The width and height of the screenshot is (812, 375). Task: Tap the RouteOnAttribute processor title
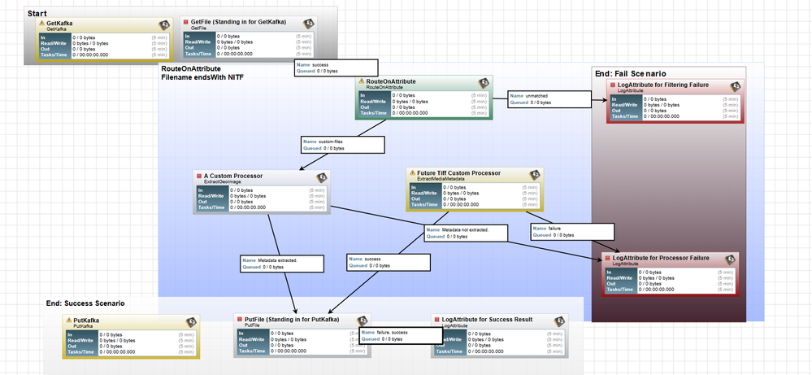pyautogui.click(x=391, y=81)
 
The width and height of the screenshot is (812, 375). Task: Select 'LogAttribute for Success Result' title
pyautogui.click(x=486, y=320)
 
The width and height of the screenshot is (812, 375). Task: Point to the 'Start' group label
pyautogui.click(x=36, y=14)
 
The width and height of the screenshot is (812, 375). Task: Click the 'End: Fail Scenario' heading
pyautogui.click(x=640, y=73)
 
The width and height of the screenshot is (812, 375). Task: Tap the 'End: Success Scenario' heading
pyautogui.click(x=85, y=303)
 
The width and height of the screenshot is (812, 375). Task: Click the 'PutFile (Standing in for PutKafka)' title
pyautogui.click(x=292, y=320)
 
